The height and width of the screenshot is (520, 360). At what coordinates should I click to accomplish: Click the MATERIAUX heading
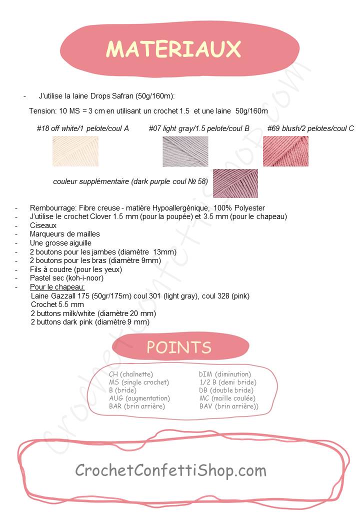173,49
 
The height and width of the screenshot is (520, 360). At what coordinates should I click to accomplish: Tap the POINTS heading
178,347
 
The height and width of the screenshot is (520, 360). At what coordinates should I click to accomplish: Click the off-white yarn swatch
75,151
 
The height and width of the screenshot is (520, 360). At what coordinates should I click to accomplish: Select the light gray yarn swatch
185,151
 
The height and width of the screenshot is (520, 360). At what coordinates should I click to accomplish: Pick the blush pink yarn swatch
285,151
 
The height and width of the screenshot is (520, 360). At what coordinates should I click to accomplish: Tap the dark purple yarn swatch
235,183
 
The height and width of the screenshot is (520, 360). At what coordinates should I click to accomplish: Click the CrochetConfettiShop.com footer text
170,470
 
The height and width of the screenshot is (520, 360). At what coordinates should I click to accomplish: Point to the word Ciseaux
43,225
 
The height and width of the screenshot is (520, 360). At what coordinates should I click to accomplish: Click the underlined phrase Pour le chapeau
57,287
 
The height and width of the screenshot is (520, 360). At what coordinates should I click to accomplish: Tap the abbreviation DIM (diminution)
224,374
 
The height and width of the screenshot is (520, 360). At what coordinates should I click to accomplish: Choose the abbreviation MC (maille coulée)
227,398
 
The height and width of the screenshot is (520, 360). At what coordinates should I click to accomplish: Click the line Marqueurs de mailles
65,234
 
